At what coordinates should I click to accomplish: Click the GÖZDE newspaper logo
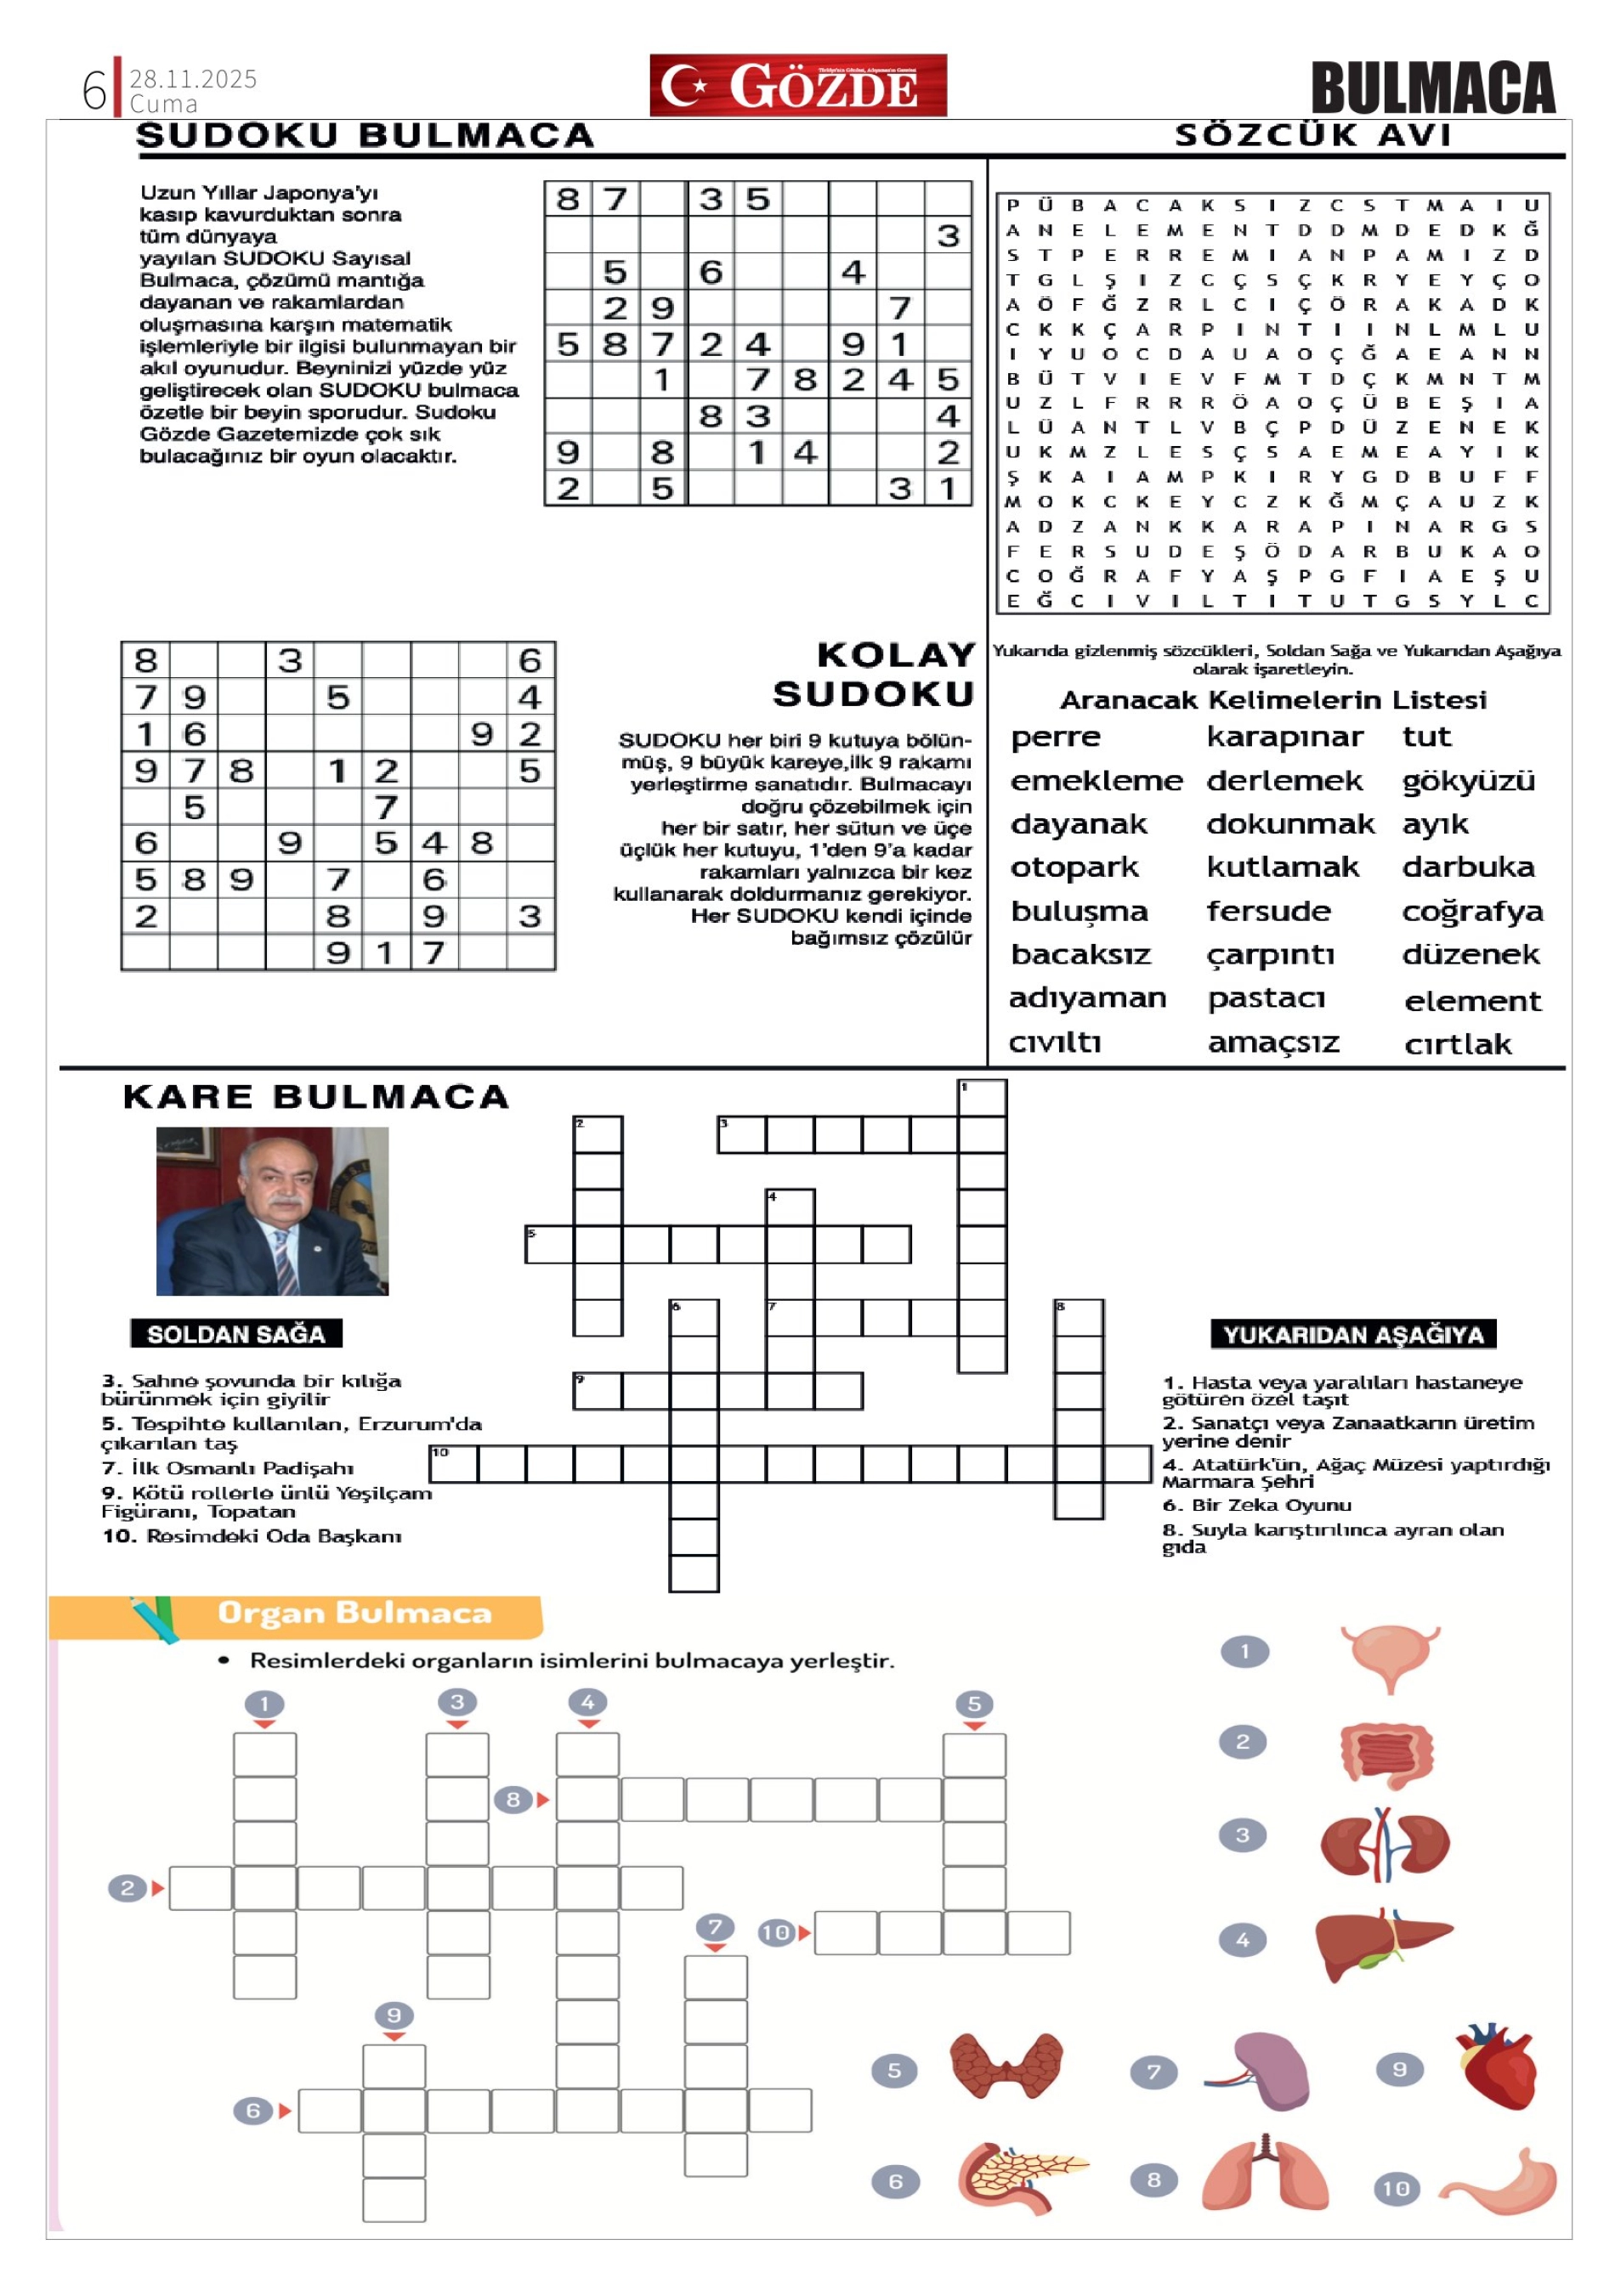pos(797,86)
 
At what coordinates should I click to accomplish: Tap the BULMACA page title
pos(1432,88)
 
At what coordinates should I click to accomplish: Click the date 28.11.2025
pos(193,78)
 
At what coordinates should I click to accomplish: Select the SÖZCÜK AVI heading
pos(1312,134)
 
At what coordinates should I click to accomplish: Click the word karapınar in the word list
pos(1284,738)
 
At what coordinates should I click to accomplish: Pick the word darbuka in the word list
pos(1468,868)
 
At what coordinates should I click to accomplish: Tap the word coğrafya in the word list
pos(1471,911)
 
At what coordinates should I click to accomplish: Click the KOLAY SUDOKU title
pos(874,675)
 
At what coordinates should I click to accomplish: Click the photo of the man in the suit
pos(272,1211)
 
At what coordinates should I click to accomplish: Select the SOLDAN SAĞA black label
pos(235,1334)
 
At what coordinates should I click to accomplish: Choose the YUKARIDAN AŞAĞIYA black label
pos(1353,1334)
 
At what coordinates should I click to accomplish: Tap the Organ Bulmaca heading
pos(354,1613)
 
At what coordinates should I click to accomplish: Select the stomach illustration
pos(1502,2181)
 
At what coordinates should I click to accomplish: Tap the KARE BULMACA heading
pos(316,1096)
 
